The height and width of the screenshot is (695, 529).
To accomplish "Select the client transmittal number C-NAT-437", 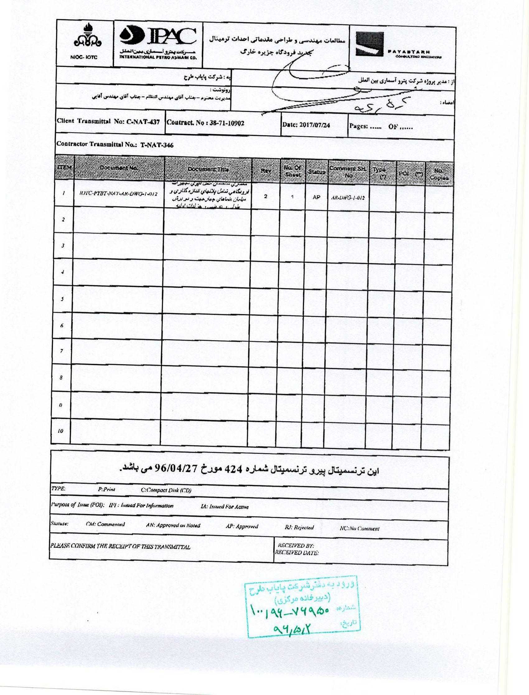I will click(x=143, y=122).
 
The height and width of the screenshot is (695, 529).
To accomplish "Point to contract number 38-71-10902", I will click(x=227, y=123).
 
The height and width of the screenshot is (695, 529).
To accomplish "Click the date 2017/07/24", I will click(x=315, y=125).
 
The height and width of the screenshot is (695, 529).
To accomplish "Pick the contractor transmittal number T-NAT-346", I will click(x=157, y=145).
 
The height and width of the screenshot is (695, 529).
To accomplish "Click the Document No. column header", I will click(x=119, y=168).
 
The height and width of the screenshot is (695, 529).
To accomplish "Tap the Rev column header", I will click(x=266, y=170).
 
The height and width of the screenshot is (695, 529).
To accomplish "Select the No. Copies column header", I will click(x=439, y=174).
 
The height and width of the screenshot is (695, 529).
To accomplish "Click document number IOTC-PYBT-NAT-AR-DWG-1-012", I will click(x=118, y=194).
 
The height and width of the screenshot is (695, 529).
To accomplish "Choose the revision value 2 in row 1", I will click(x=265, y=196).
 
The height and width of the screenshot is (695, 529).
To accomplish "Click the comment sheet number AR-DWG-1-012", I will click(x=348, y=197).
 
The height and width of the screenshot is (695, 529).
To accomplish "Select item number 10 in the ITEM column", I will click(x=60, y=431).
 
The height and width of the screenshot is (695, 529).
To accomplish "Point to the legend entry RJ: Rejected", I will click(x=299, y=527).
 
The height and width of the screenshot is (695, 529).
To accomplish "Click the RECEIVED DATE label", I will click(x=297, y=552).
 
